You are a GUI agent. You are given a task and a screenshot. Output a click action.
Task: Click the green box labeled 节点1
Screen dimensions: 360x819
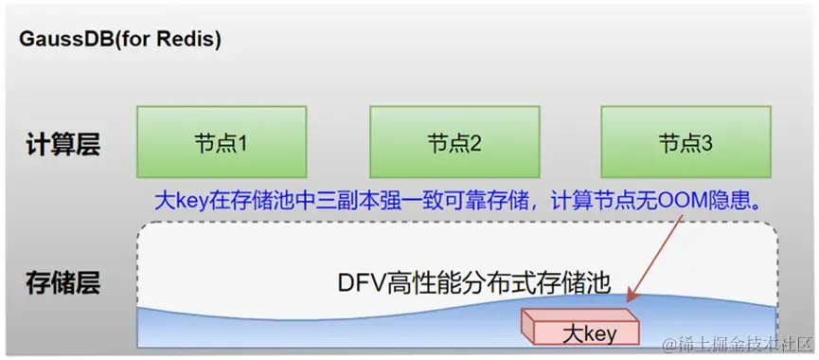[222, 144]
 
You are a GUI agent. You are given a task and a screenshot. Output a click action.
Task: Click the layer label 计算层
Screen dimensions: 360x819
[62, 145]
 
